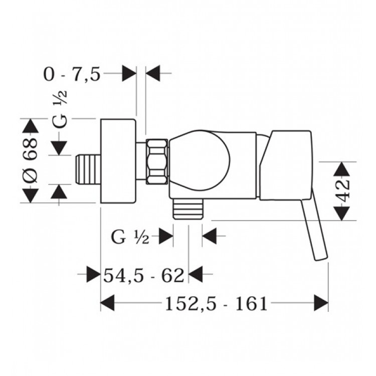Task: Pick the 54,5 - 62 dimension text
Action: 144,274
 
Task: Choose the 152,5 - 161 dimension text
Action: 214,303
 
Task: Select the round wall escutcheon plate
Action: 118,161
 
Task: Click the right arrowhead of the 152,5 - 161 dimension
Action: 321,303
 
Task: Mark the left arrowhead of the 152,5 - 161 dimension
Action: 108,303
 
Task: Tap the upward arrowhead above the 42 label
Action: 342,168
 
